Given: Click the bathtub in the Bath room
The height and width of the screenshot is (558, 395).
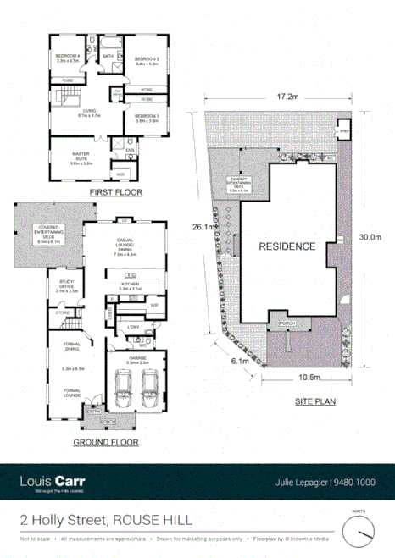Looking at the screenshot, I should coord(108,71).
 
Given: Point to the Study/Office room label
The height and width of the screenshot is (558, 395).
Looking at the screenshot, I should coord(66,286).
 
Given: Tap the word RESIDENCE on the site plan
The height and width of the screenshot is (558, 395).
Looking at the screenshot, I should coord(287,247).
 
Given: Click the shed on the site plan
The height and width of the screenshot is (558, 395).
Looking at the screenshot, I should coord(345,132).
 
